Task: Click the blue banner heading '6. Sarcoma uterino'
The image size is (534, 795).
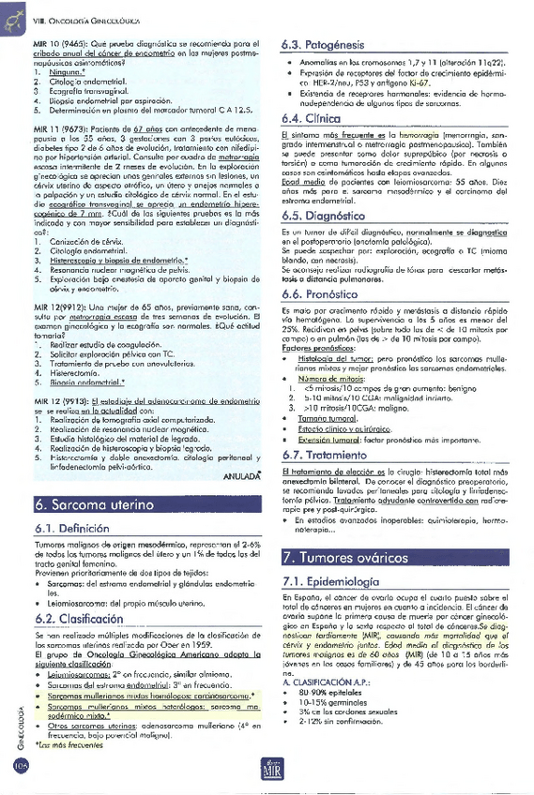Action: pyautogui.click(x=90, y=503)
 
